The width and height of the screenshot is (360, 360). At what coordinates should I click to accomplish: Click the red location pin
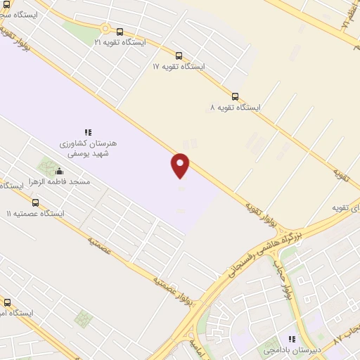[x=181, y=164]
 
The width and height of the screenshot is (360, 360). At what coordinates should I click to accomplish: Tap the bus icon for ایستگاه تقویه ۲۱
[x=120, y=32]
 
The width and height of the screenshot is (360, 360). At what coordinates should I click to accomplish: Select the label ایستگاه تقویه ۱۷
[x=179, y=66]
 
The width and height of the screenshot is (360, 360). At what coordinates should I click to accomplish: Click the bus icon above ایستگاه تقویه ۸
[x=235, y=97]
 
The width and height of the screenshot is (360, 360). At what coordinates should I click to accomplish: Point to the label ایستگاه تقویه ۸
[x=235, y=108]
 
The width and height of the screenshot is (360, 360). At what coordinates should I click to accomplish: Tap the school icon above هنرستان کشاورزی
[x=89, y=131]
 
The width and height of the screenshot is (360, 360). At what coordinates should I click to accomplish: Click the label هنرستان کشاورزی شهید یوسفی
[x=89, y=148]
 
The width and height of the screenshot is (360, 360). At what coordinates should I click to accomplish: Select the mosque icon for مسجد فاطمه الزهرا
[x=59, y=171]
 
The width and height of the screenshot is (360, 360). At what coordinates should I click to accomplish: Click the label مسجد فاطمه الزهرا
[x=59, y=181]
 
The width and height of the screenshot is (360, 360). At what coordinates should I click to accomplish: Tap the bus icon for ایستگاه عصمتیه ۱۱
[x=35, y=202]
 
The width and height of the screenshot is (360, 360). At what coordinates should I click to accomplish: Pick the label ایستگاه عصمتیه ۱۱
[x=35, y=213]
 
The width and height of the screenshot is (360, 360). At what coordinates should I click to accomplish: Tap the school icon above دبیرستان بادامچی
[x=292, y=339]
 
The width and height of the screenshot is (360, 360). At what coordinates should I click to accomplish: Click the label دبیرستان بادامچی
[x=292, y=349]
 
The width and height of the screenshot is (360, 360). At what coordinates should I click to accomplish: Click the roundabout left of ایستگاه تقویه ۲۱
[x=105, y=29]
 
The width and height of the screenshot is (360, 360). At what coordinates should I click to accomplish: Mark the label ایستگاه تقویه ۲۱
[x=120, y=42]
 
